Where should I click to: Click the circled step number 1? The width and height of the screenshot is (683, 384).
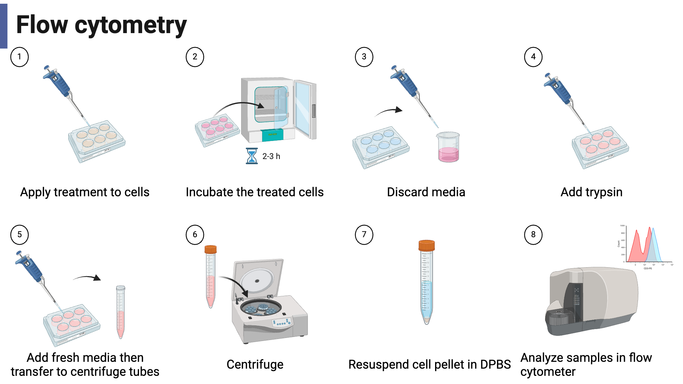19,57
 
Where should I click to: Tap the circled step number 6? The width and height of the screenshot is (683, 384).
195,234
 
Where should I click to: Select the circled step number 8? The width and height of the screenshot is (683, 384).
533,234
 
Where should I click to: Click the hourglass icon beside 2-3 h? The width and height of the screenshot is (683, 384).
252,156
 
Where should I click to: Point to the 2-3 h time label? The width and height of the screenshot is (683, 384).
271,156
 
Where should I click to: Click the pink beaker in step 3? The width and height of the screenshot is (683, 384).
448,147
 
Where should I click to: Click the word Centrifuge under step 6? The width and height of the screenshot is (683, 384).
255,365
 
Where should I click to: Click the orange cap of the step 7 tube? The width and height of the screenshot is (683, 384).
427,245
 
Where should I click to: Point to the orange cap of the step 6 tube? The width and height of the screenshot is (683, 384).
211,249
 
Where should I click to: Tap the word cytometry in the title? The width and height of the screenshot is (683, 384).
130,25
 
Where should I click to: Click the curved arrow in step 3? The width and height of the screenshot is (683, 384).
389,111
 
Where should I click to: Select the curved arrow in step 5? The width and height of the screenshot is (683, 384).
87,278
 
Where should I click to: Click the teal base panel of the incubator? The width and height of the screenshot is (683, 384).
272,134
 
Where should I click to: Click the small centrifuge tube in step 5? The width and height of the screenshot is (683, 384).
121,312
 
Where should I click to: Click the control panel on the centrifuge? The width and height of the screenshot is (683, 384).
282,322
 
